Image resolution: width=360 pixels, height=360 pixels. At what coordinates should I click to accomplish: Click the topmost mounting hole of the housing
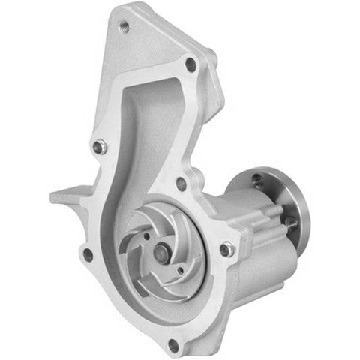tap(124, 27)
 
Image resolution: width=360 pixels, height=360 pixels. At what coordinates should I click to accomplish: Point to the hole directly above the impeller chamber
tap(180, 182)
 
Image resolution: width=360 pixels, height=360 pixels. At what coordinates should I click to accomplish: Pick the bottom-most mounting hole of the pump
tap(173, 345)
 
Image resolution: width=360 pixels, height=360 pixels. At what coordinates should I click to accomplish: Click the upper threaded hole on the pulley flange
tap(257, 179)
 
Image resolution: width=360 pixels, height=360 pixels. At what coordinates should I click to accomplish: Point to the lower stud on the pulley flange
tap(289, 222)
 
